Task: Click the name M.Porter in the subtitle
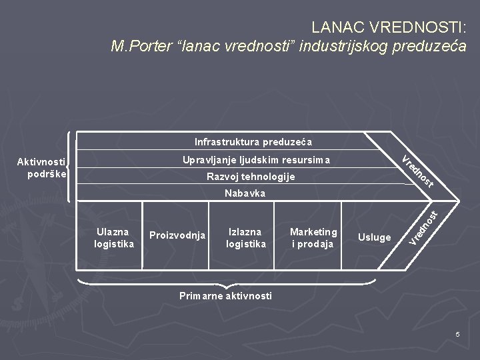click(139, 47)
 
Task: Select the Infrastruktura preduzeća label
click(253, 142)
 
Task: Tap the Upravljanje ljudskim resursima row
click(256, 160)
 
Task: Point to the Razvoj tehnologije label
click(251, 177)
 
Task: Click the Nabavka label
click(245, 193)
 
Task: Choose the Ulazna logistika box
click(114, 237)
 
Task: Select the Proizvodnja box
click(177, 235)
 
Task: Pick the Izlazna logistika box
click(245, 237)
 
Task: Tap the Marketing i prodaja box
click(313, 237)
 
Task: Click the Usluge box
click(375, 237)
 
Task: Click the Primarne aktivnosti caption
click(225, 296)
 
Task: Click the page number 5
click(458, 333)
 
